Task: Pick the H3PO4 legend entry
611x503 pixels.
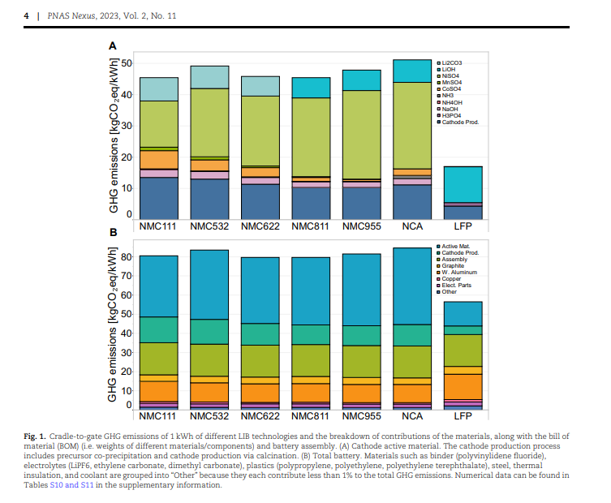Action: tap(451, 116)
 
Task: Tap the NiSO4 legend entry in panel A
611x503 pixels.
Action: tap(451, 75)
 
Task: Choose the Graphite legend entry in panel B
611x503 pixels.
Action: tap(453, 265)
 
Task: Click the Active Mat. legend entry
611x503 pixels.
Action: tap(456, 245)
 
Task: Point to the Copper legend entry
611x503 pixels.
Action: tap(451, 278)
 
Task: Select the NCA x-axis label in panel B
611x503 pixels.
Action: tap(412, 416)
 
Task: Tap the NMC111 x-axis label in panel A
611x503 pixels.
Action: tap(158, 227)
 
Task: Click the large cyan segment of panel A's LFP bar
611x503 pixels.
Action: tap(463, 183)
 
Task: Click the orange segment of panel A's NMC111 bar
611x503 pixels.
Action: tap(159, 160)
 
